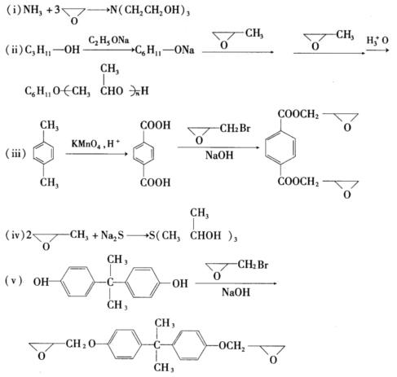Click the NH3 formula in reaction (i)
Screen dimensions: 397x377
[33, 11]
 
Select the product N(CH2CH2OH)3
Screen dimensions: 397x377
[150, 11]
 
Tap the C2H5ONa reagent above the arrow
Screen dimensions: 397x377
[108, 41]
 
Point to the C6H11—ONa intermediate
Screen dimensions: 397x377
[165, 50]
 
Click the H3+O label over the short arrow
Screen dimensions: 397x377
[377, 41]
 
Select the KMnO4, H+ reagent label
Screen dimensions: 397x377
[95, 143]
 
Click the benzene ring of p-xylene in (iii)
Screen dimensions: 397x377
[43, 153]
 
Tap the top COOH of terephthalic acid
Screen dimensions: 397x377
[155, 125]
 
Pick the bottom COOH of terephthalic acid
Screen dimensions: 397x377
[155, 182]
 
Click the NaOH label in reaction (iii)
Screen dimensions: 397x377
[219, 156]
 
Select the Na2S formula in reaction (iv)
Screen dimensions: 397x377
[112, 235]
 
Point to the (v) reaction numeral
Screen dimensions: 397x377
[14, 281]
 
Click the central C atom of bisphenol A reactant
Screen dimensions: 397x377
[110, 283]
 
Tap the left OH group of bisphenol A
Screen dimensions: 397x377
[41, 283]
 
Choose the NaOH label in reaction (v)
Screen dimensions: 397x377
[236, 292]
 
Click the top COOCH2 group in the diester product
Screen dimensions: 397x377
[298, 114]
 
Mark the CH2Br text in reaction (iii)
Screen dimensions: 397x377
[235, 128]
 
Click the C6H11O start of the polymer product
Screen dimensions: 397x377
[42, 91]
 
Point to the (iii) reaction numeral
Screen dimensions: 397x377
[15, 154]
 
